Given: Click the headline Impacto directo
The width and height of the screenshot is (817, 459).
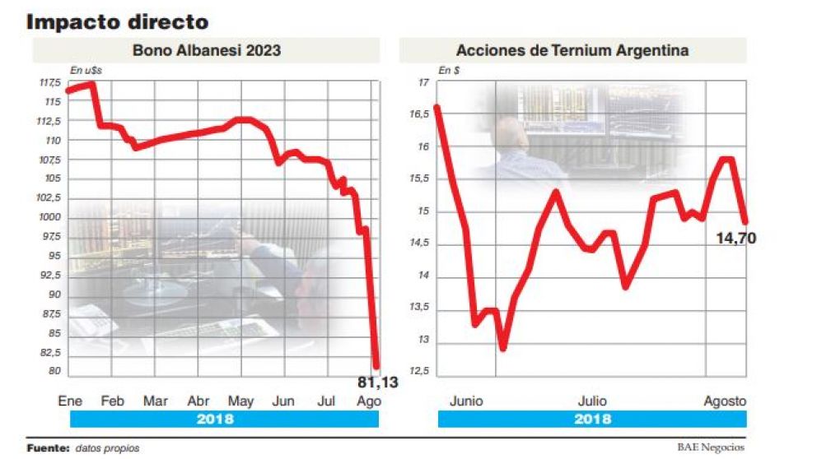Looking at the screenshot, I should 118,21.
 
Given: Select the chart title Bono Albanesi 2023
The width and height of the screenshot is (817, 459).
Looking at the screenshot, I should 207,50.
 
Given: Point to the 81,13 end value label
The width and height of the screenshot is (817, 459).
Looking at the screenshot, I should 378,382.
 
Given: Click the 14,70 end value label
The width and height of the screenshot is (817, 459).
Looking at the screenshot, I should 736,239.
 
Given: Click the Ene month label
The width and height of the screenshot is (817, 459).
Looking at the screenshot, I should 70,401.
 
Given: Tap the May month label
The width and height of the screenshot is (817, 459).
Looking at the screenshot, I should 240,401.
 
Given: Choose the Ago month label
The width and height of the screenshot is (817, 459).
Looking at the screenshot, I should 369,401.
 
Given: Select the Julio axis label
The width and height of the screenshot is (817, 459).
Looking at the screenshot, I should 591,401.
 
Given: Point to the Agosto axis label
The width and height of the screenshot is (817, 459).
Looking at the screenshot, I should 725,401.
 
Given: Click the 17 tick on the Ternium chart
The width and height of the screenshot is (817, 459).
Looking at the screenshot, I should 423,83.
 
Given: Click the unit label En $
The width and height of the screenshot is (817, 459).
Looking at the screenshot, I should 449,72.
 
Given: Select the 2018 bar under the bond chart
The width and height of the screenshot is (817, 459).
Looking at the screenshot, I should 215,419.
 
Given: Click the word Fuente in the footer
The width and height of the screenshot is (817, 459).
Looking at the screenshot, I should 47,448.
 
